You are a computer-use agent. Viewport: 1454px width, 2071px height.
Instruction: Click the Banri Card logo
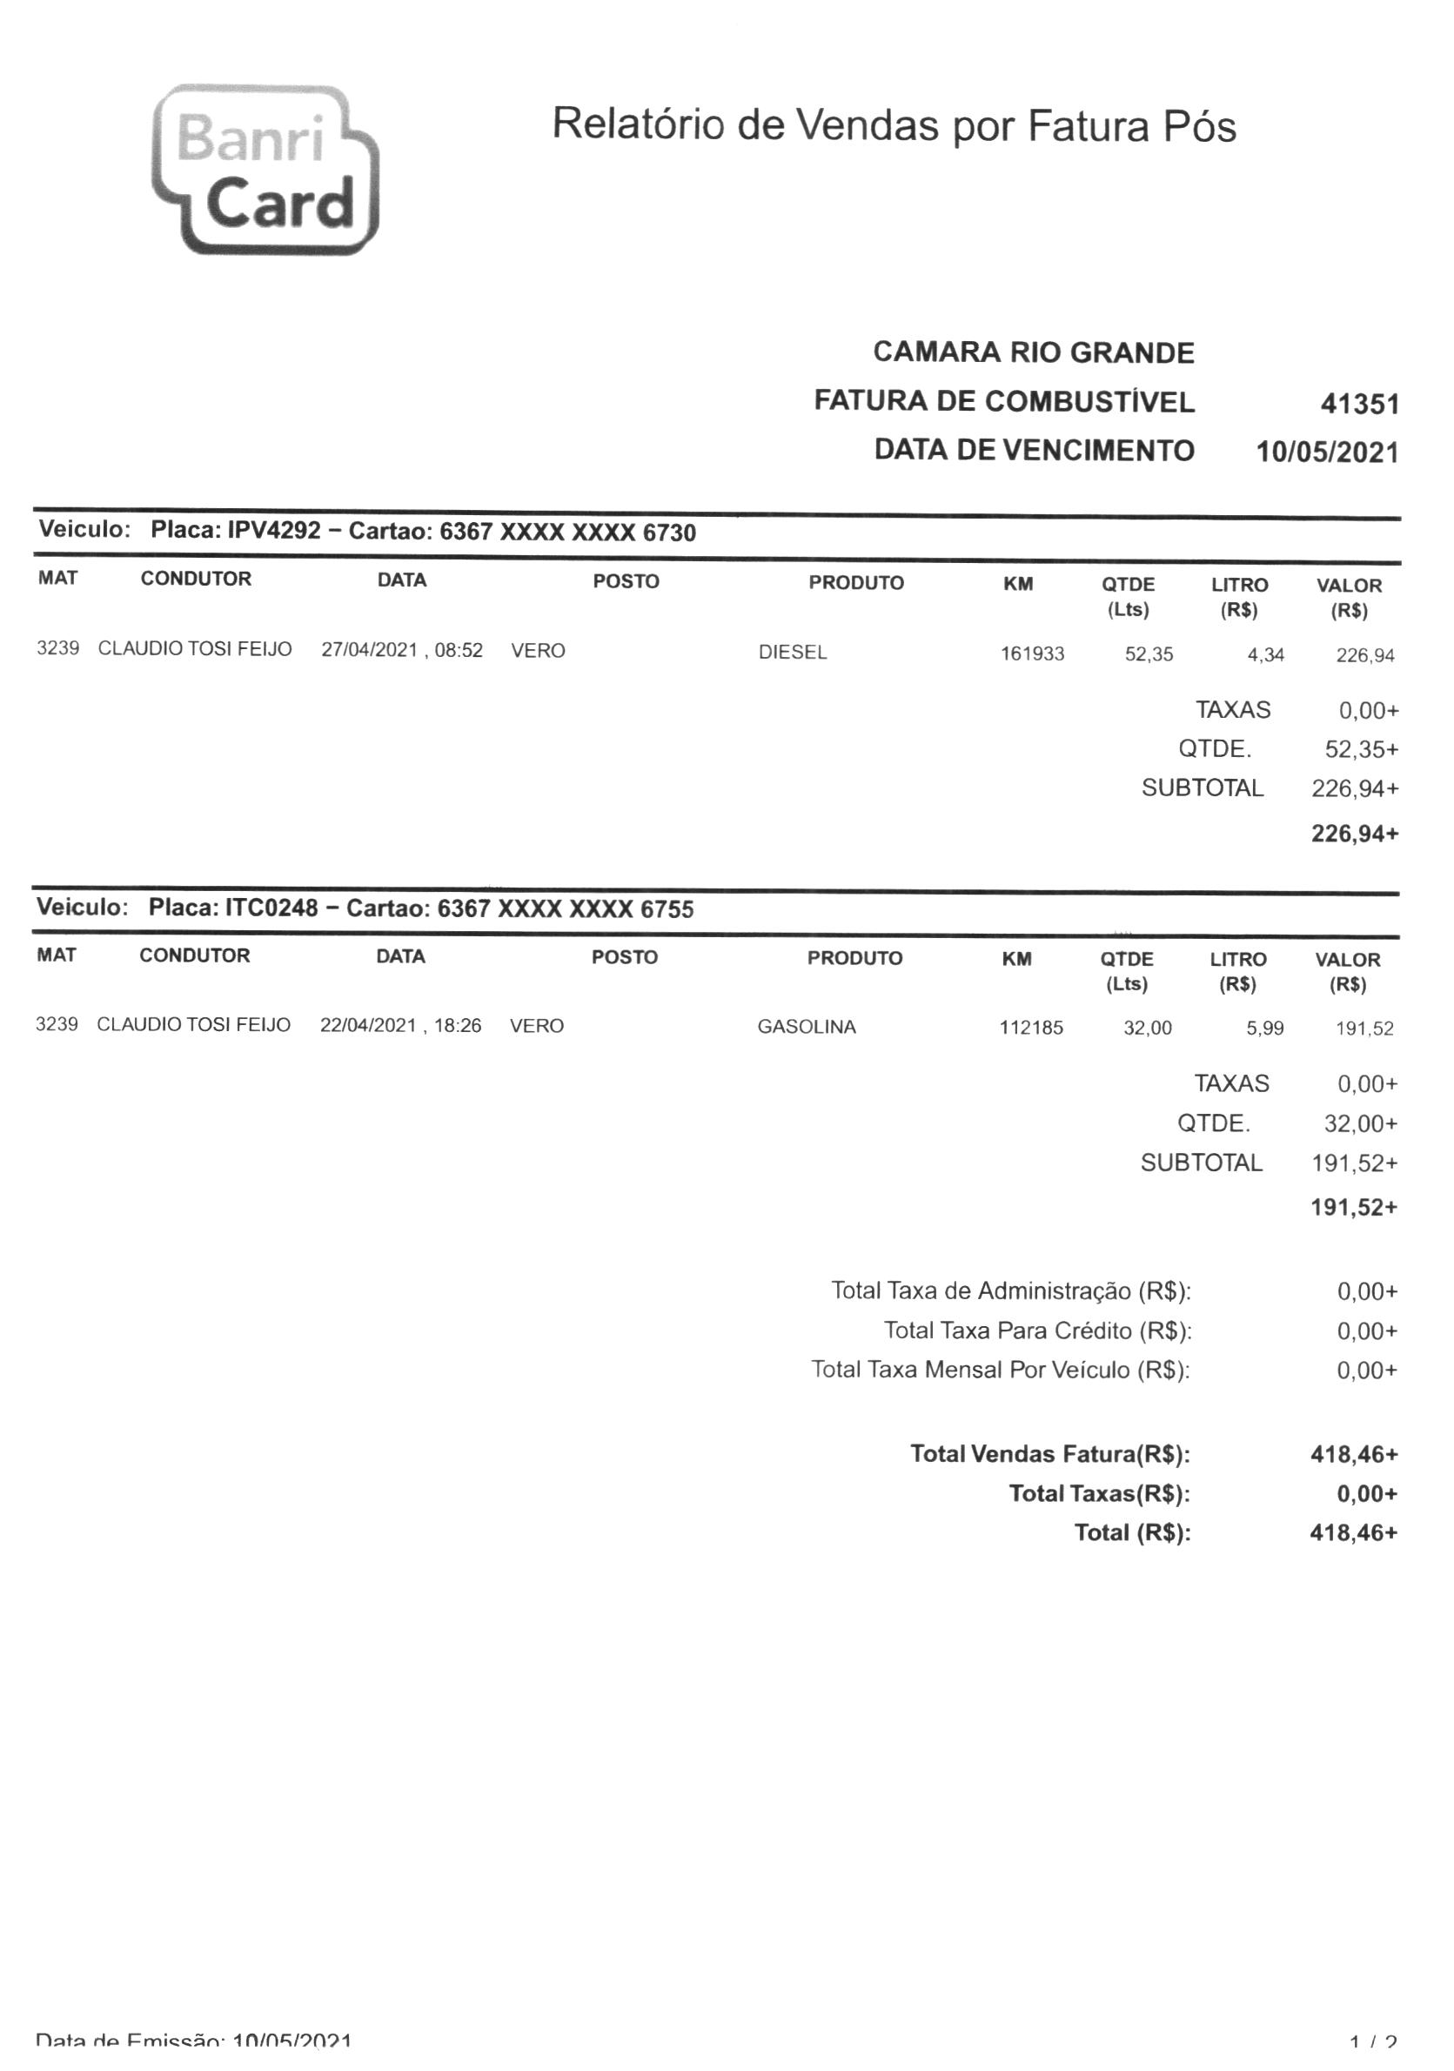coord(265,170)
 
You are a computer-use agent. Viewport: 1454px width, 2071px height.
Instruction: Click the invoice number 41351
coord(1358,404)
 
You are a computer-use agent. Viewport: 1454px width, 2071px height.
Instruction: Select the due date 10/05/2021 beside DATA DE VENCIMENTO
coord(1327,452)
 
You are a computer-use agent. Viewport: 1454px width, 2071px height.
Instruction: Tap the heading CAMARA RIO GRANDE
coord(1033,352)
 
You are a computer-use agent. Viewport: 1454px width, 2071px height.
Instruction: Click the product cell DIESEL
coord(792,652)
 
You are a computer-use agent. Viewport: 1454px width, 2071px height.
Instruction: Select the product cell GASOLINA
coord(807,1027)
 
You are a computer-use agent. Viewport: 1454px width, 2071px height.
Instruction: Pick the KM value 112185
coord(1031,1028)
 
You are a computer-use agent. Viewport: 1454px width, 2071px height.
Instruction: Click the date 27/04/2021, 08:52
coord(401,650)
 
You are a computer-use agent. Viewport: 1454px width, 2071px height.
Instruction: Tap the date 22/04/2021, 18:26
coord(400,1026)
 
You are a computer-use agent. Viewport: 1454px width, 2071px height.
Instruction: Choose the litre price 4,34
coord(1264,655)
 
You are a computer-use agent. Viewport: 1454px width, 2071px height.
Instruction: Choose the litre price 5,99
coord(1263,1029)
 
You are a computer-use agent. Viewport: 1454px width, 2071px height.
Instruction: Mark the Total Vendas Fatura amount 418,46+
coord(1353,1454)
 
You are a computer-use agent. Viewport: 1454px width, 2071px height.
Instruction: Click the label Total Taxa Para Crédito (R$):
coord(1036,1330)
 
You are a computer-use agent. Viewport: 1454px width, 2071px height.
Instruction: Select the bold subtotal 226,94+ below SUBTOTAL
coord(1354,834)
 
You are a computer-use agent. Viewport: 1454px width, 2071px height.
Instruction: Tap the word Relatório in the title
coord(638,124)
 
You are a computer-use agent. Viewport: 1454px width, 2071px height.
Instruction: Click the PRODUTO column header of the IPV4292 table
coord(855,583)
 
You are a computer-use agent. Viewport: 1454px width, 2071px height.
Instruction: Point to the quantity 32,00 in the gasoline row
coord(1147,1028)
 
